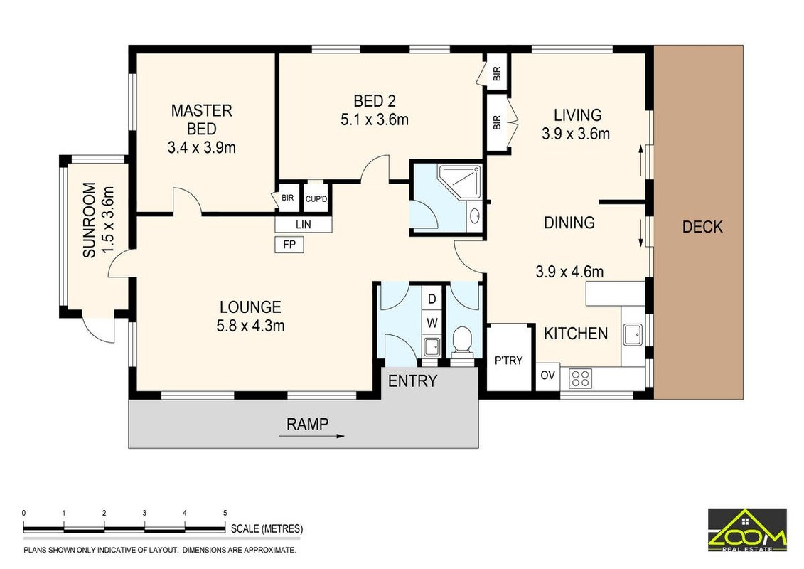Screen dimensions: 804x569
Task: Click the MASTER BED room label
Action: (201, 119)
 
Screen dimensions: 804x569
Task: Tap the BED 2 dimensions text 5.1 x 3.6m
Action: (375, 120)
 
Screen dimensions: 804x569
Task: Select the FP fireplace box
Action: (289, 245)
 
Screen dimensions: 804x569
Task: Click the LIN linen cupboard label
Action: (303, 225)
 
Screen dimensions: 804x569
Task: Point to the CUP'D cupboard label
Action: (316, 199)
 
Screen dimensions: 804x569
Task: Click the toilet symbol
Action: (463, 341)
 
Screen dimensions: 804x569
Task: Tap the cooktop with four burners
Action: (581, 378)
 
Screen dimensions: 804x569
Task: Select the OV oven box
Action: (547, 376)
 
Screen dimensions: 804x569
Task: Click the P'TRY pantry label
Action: (508, 361)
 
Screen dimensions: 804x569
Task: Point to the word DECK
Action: (702, 227)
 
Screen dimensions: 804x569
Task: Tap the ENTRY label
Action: (413, 381)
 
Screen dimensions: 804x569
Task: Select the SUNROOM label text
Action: (90, 220)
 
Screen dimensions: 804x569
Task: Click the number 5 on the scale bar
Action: (225, 513)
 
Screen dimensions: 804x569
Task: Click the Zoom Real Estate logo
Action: (747, 530)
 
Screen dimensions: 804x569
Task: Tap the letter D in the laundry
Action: (432, 299)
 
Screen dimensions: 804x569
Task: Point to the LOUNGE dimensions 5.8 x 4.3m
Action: (250, 326)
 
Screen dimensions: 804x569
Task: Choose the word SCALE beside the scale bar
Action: (245, 529)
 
